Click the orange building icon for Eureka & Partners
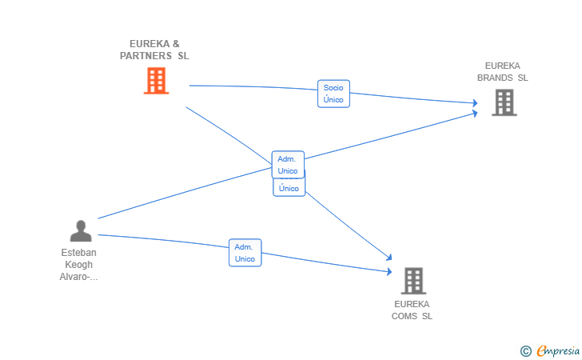coord(156,81)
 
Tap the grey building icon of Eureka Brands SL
coord(504,102)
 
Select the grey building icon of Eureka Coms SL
coord(413,281)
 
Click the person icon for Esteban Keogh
coord(81,230)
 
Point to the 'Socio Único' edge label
coord(333,94)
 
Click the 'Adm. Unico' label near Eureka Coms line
coord(245,253)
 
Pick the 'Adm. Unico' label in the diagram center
coord(288,165)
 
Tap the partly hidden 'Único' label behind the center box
coord(289,189)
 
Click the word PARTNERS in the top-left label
coord(145,56)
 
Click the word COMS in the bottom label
coord(405,316)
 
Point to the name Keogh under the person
coord(78,265)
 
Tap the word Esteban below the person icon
coord(78,253)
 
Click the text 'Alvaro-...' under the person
coord(78,277)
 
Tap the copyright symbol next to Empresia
coord(525,350)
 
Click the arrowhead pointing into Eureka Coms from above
coord(389,258)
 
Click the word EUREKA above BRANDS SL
coord(503,66)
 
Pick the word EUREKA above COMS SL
coord(412,304)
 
